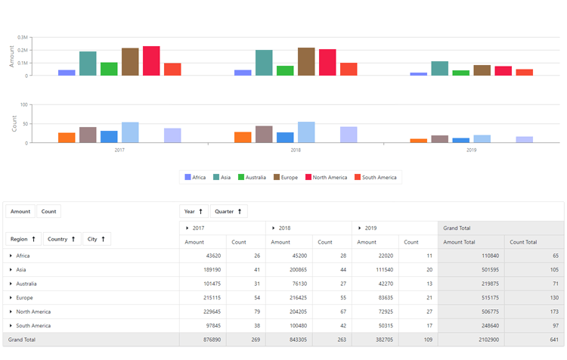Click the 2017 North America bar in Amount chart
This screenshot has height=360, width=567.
151,61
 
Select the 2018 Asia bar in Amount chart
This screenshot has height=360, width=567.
264,63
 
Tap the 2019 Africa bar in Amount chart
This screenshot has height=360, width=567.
418,73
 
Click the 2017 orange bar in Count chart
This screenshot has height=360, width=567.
67,138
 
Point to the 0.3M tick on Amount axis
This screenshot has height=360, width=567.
23,37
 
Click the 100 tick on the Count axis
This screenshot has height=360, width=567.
23,105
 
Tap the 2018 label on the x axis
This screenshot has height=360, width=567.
296,151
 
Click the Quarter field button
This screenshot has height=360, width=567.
228,212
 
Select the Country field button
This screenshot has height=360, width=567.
62,239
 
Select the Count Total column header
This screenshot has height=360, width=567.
523,242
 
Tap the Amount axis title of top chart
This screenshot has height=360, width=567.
11,55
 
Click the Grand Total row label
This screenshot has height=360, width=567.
22,340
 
